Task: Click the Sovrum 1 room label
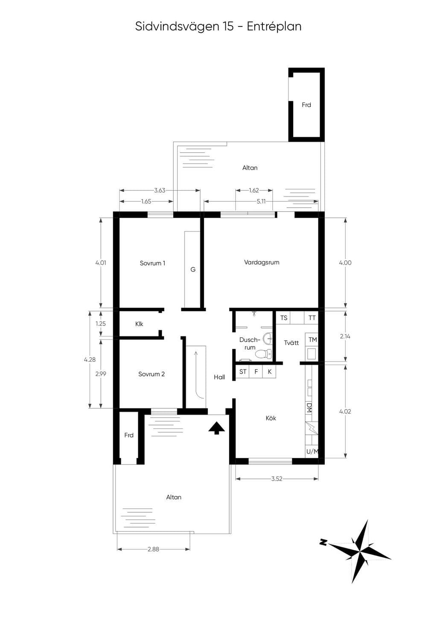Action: pyautogui.click(x=152, y=263)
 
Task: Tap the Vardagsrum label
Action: pyautogui.click(x=262, y=262)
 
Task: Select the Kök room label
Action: pyautogui.click(x=271, y=418)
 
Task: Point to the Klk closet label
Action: pyautogui.click(x=139, y=324)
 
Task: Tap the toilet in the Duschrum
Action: pyautogui.click(x=263, y=354)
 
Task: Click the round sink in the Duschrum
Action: pyautogui.click(x=267, y=338)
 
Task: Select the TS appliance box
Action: pyautogui.click(x=283, y=318)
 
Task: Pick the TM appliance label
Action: pyautogui.click(x=312, y=340)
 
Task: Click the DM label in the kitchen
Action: pyautogui.click(x=309, y=408)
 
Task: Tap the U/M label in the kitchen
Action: pyautogui.click(x=312, y=452)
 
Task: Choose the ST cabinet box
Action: pyautogui.click(x=242, y=372)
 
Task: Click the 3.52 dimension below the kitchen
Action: pyautogui.click(x=277, y=479)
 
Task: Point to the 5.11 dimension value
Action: pyautogui.click(x=261, y=202)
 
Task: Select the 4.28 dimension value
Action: pyautogui.click(x=90, y=360)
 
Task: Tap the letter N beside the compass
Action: pyautogui.click(x=323, y=542)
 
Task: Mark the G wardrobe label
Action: pyautogui.click(x=193, y=270)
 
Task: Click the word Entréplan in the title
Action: pyautogui.click(x=274, y=27)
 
